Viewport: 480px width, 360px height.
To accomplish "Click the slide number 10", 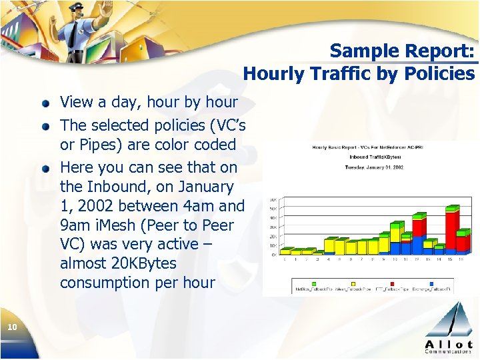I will coord(11,327).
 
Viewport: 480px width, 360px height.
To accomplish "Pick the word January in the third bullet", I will coord(203,187).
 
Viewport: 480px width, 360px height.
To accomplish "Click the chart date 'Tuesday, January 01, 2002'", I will coord(375,168).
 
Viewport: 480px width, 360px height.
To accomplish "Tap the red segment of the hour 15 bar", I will coord(452,231).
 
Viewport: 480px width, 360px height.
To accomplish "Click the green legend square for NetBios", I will coord(295,289).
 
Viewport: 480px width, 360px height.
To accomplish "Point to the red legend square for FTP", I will coord(375,289).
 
